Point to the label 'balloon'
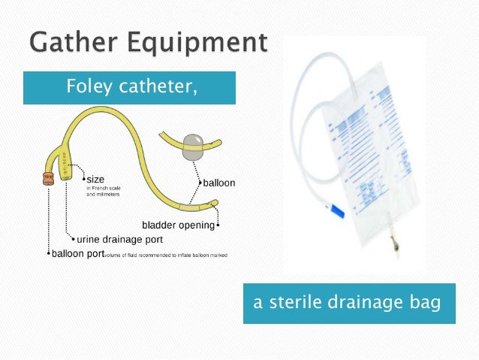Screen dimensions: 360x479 (x=218, y=183)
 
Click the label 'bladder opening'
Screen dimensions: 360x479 (x=179, y=225)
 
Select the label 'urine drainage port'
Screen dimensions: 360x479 (x=119, y=240)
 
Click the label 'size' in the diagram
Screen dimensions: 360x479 (x=95, y=179)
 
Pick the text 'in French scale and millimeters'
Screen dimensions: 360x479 (x=104, y=191)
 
